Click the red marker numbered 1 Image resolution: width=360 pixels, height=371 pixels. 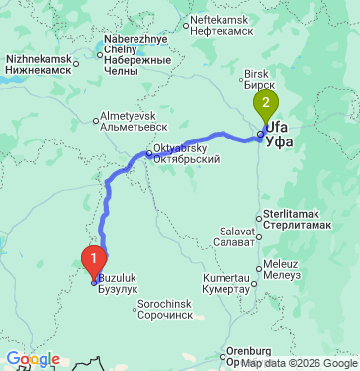point(94,258)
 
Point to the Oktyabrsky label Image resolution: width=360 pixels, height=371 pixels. point(186,160)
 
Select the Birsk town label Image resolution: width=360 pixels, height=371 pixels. point(259,79)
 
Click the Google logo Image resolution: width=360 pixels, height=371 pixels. point(33,359)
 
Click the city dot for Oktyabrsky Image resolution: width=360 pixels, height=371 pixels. point(148,154)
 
